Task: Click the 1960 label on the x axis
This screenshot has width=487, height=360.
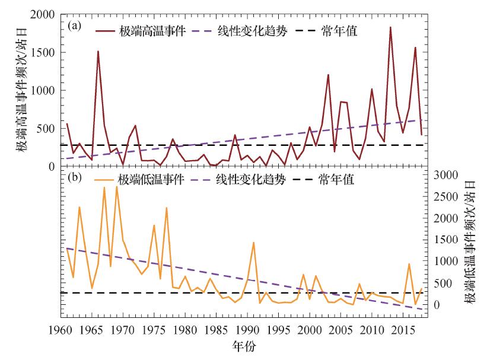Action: (60, 330)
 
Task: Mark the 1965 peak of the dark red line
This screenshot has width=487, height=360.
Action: (98, 51)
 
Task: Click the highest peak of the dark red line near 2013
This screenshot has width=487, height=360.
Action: (390, 27)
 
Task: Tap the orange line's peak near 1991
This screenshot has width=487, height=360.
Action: (254, 243)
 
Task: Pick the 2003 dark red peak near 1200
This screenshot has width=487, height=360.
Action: (328, 75)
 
